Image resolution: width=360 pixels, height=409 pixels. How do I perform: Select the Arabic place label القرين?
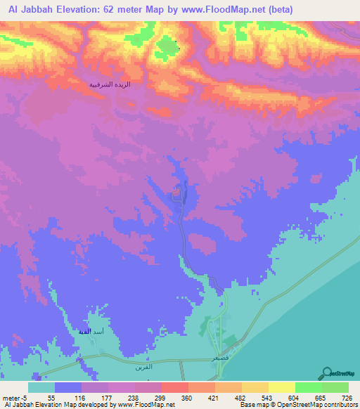[143, 367]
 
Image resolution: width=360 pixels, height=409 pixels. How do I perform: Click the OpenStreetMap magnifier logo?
[327, 372]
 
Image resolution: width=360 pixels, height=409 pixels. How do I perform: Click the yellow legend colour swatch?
[281, 387]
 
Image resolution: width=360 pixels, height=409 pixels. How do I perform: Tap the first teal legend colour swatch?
[41, 387]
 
